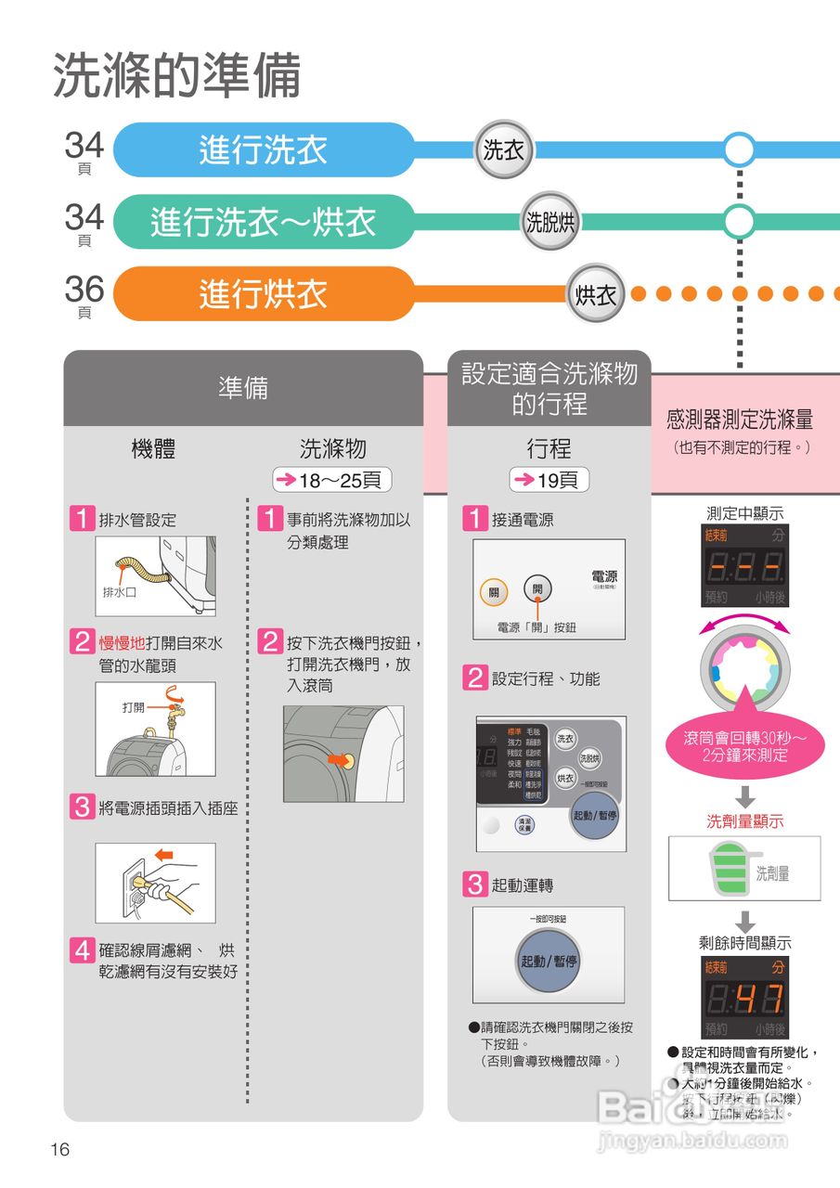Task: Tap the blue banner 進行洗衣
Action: point(264,149)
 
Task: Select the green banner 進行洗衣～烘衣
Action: point(264,222)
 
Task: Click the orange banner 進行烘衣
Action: point(264,294)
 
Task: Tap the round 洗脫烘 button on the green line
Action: point(550,222)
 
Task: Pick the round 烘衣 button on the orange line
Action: point(596,295)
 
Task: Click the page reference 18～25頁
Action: point(332,480)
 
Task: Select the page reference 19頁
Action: point(549,480)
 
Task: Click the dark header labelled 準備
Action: point(243,388)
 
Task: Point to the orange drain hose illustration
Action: point(139,568)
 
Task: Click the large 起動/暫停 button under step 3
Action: point(549,961)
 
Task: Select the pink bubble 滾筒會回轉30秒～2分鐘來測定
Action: point(745,746)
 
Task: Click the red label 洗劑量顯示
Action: point(745,821)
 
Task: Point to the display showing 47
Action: point(745,998)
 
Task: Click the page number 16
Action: point(60,1150)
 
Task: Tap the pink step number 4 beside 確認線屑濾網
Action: point(84,950)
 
